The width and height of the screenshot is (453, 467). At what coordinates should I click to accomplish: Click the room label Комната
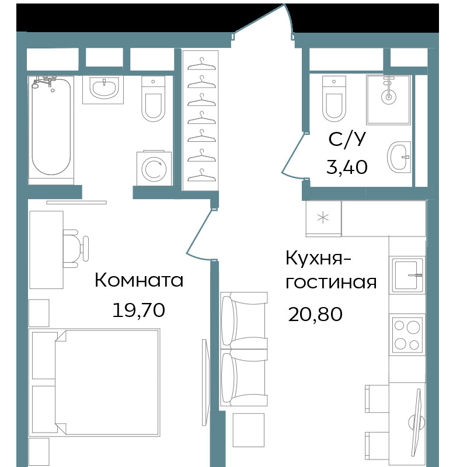pyautogui.click(x=139, y=280)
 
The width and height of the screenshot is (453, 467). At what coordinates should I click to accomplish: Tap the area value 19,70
pyautogui.click(x=139, y=310)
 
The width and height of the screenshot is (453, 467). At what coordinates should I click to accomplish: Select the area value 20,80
pyautogui.click(x=315, y=314)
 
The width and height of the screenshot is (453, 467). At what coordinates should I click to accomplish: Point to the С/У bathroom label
pyautogui.click(x=347, y=139)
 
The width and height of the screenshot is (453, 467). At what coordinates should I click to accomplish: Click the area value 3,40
pyautogui.click(x=347, y=167)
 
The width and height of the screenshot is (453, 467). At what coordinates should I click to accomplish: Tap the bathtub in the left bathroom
pyautogui.click(x=51, y=126)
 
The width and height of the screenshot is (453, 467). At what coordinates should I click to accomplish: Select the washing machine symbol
pyautogui.click(x=154, y=168)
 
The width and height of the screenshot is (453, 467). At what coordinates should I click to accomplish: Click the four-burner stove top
pyautogui.click(x=407, y=335)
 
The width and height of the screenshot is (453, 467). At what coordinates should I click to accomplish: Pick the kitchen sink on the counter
pyautogui.click(x=407, y=275)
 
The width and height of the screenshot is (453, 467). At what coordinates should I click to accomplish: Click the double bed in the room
pyautogui.click(x=95, y=382)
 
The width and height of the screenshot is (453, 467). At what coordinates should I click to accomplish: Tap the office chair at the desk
pyautogui.click(x=76, y=249)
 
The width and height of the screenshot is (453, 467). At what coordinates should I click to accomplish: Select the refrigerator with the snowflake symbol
pyautogui.click(x=324, y=218)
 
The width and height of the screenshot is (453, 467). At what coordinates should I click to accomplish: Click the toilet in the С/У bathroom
pyautogui.click(x=334, y=99)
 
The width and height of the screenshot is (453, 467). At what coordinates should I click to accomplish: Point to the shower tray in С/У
pyautogui.click(x=388, y=99)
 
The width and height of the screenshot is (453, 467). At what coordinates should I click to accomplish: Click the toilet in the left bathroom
pyautogui.click(x=154, y=99)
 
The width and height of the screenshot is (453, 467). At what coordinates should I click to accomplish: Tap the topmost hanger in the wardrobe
pyautogui.click(x=201, y=64)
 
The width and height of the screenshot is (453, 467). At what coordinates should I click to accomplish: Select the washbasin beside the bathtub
pyautogui.click(x=103, y=89)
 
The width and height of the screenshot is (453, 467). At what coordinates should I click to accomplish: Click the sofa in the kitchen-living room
pyautogui.click(x=243, y=349)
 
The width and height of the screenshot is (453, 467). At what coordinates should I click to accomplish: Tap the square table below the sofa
pyautogui.click(x=248, y=430)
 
